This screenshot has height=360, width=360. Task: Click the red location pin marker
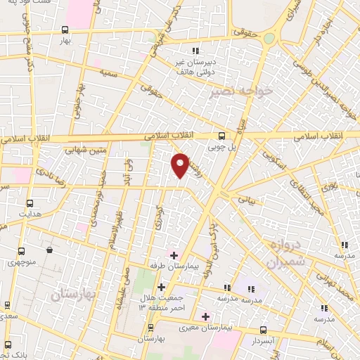tap(181, 165)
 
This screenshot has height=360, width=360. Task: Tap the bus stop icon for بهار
tap(65, 30)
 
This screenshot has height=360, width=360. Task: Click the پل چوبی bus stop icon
tap(221, 136)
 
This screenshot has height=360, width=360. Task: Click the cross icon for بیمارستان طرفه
tap(174, 253)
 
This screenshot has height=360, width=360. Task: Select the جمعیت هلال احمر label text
tap(161, 303)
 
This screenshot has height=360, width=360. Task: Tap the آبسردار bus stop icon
tap(263, 329)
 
